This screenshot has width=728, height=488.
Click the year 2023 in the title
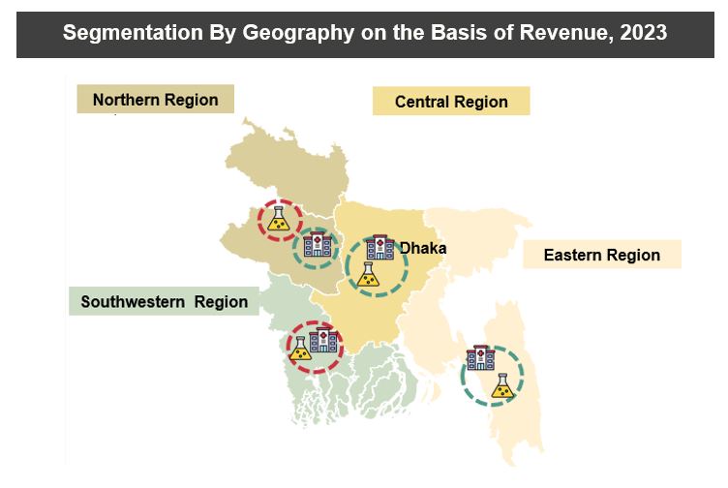tap(641, 33)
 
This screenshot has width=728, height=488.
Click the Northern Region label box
tap(156, 100)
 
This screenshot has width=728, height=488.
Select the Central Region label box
tap(451, 102)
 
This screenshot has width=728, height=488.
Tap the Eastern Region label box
tap(601, 256)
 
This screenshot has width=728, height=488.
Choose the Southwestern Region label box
tap(165, 302)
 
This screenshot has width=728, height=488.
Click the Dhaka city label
tap(423, 249)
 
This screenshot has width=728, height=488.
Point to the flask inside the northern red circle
tap(280, 222)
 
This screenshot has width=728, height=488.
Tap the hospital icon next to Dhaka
tap(380, 247)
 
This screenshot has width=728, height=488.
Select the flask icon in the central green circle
tap(367, 276)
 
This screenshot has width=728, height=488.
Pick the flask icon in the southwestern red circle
tap(300, 349)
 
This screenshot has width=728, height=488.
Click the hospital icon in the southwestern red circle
tap(323, 340)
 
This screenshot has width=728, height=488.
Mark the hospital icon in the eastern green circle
tap(480, 359)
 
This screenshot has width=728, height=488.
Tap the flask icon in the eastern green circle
tap(501, 387)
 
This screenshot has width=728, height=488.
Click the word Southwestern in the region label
tap(134, 302)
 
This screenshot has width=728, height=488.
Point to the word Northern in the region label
tap(127, 100)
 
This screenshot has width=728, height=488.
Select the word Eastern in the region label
tap(574, 256)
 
